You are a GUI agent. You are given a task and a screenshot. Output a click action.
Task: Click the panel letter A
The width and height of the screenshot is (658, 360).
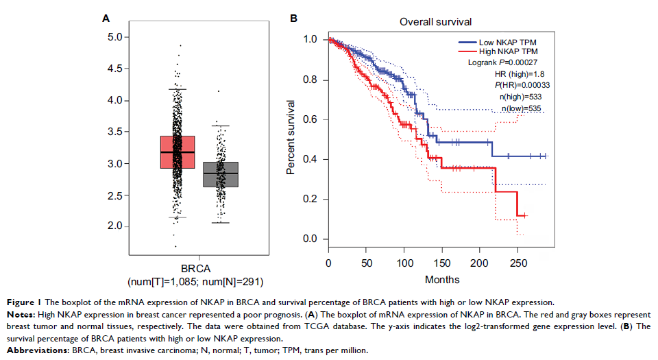[106, 18]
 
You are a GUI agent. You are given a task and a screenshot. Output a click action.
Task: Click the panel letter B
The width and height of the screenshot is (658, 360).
[293, 18]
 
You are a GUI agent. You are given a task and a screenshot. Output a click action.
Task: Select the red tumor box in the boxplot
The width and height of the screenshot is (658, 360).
[178, 152]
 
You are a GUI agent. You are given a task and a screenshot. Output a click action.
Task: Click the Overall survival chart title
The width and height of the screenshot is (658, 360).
[435, 23]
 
